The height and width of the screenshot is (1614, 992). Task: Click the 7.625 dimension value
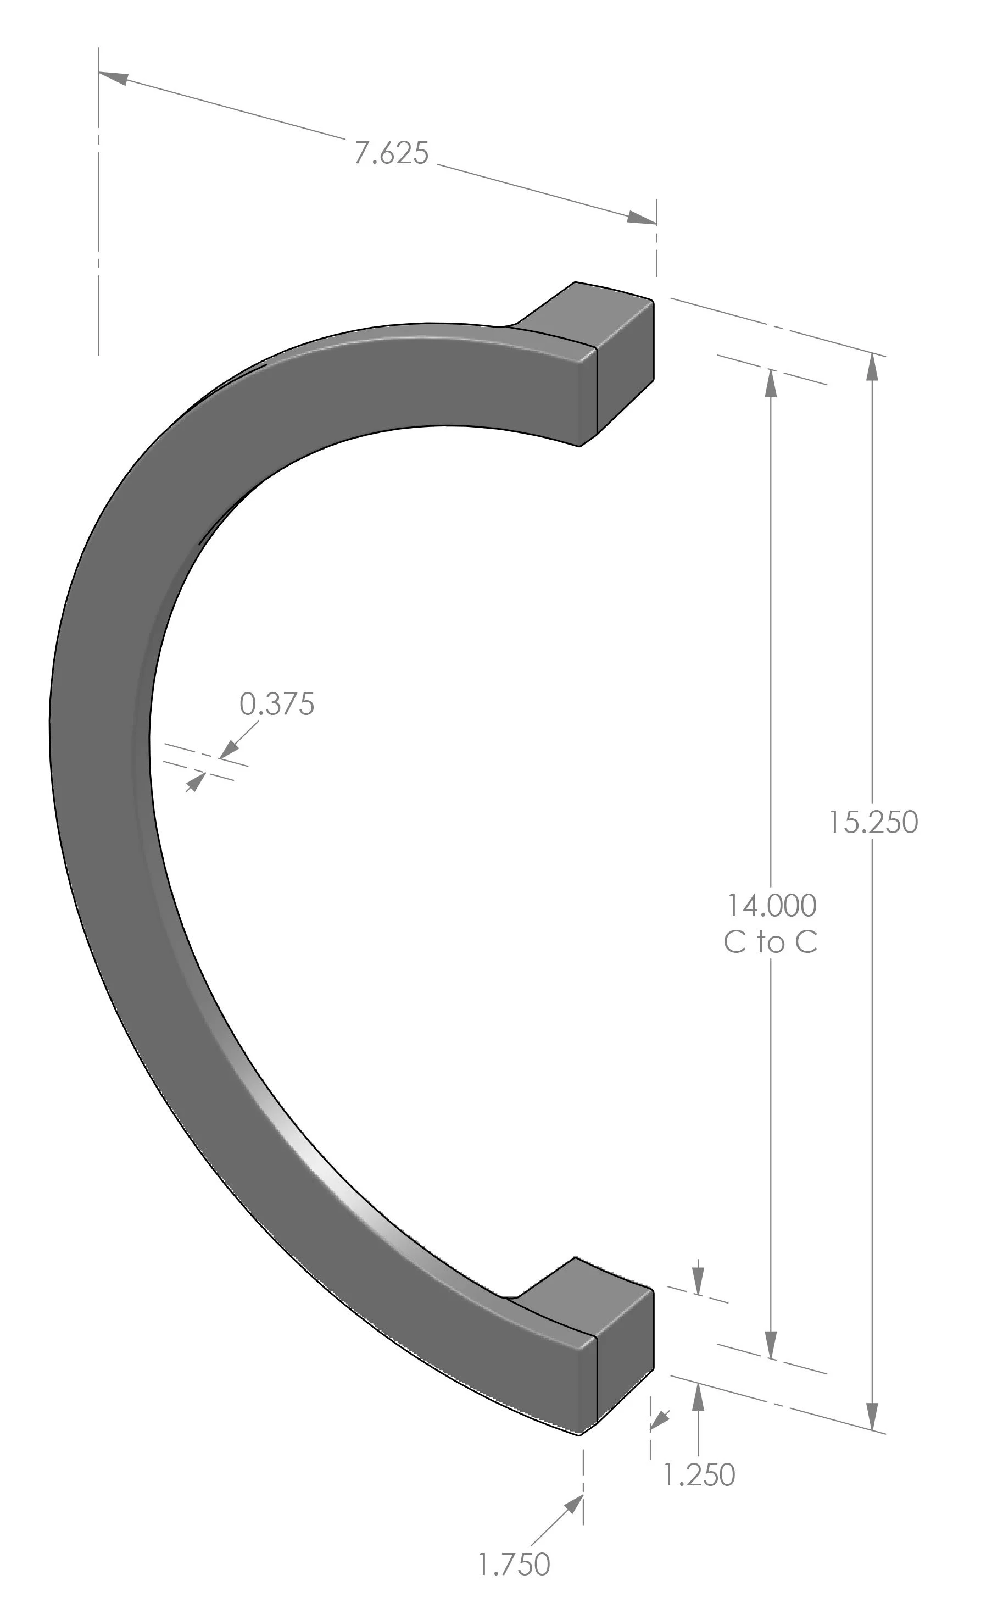[x=391, y=153]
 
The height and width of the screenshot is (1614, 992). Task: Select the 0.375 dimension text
[x=277, y=705]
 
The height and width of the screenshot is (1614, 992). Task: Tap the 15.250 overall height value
[x=873, y=823]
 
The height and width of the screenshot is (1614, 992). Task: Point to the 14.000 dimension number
[x=771, y=906]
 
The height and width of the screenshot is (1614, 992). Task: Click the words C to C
[x=770, y=942]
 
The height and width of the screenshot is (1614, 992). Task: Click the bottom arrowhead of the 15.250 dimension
[x=872, y=1415]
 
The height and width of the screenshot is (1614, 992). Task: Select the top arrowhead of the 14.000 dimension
[x=771, y=384]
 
